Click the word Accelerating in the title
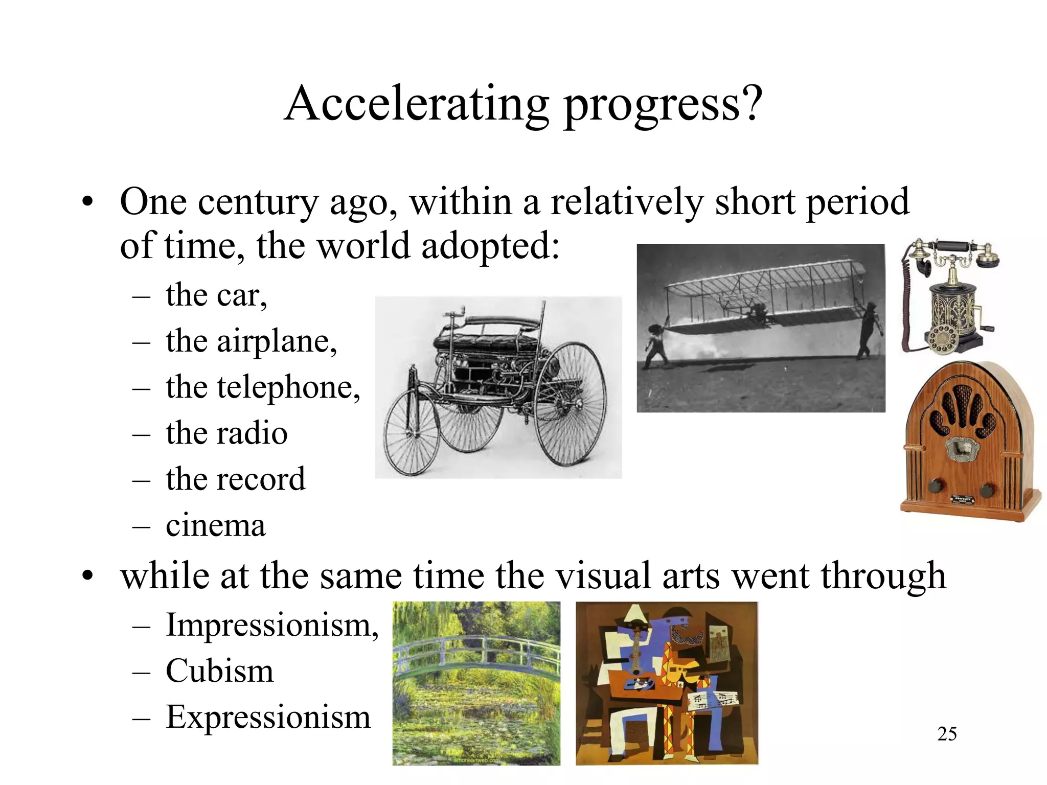(x=417, y=104)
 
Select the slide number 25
(x=947, y=734)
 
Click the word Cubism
(x=219, y=671)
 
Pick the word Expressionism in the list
(x=268, y=717)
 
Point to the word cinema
(x=215, y=525)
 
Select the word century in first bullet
(x=258, y=202)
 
